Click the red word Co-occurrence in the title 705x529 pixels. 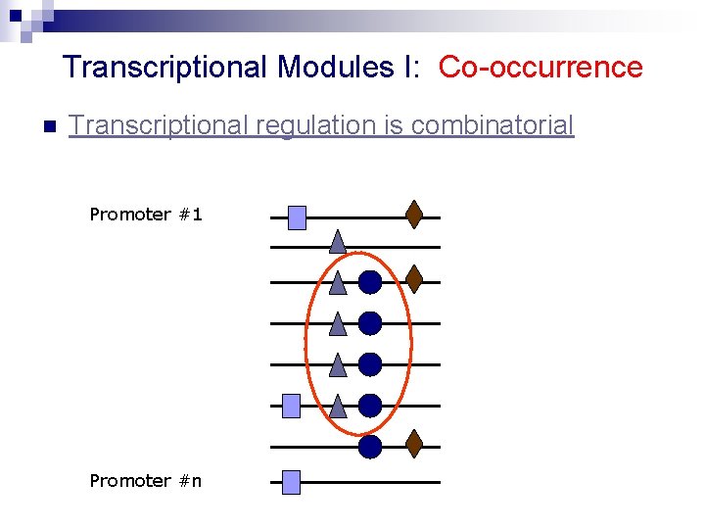pos(540,68)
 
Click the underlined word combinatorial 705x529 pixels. pos(493,125)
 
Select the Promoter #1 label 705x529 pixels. pos(146,214)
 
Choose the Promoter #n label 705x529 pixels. pos(146,480)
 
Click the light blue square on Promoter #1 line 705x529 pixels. pos(297,217)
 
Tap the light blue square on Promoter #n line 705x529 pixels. pos(290,482)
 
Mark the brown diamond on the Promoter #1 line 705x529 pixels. pos(414,215)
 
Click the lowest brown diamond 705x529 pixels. pos(414,444)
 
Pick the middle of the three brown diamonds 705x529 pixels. pos(414,279)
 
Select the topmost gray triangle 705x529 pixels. pos(337,241)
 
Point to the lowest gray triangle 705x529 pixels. pos(338,406)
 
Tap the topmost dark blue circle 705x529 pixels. pos(370,282)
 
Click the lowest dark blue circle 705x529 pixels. pos(370,447)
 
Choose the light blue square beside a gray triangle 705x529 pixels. pos(291,406)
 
